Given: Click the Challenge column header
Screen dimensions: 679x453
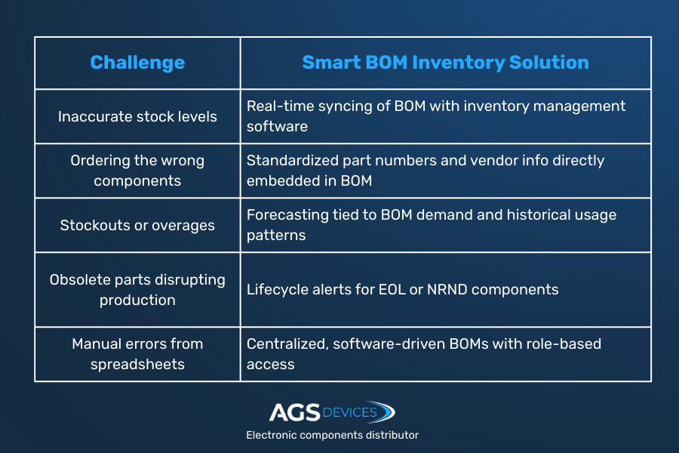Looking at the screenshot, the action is point(137,63).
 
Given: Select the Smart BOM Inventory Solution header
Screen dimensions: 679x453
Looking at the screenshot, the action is point(446,63).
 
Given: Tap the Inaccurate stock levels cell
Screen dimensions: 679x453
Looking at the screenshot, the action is point(137,116).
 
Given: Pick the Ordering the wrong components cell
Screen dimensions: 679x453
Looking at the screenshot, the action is point(137,171).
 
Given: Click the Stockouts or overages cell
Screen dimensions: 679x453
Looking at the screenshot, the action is point(137,226).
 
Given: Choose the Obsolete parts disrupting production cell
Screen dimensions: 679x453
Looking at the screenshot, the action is point(137,290).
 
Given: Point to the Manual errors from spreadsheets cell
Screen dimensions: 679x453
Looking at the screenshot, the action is point(137,354).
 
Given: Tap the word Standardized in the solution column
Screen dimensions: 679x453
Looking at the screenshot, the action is point(293,160).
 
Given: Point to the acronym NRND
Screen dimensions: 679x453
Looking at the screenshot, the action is point(447,290).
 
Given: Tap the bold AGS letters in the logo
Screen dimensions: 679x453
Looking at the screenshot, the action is point(295,412).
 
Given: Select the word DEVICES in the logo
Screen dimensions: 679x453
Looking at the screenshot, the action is point(350,412).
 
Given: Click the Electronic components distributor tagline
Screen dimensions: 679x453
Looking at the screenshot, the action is point(333,435).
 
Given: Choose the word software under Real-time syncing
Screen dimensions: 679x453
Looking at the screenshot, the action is point(277,127).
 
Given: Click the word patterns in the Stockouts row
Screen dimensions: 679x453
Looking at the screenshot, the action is point(276,236).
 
